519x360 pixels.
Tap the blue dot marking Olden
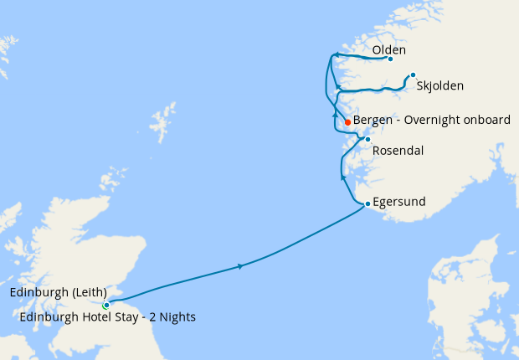390,59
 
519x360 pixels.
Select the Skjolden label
439,85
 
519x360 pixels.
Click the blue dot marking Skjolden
413,75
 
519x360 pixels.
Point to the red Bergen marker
347,122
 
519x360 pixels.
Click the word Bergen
375,121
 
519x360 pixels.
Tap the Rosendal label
398,151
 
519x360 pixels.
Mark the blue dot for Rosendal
367,139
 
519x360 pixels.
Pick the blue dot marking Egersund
367,203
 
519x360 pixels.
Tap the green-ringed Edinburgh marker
105,306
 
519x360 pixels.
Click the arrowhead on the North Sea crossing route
241,266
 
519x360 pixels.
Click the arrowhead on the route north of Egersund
343,177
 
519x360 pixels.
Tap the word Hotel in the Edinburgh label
92,317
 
